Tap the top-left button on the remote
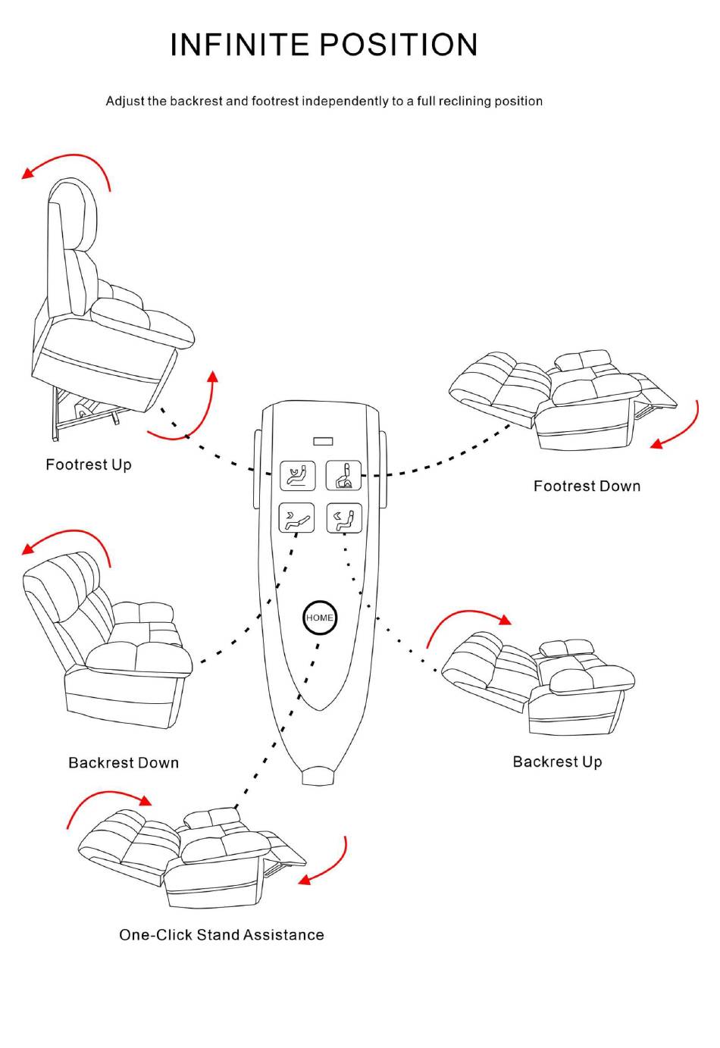pyautogui.click(x=298, y=476)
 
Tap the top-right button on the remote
pyautogui.click(x=343, y=475)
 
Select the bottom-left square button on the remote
pyautogui.click(x=296, y=518)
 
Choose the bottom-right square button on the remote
pyautogui.click(x=344, y=518)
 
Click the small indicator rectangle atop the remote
pyautogui.click(x=324, y=441)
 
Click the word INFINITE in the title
pyautogui.click(x=239, y=45)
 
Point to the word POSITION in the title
pyautogui.click(x=399, y=45)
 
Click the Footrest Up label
pyautogui.click(x=89, y=465)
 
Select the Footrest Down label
pyautogui.click(x=587, y=486)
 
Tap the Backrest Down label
pyautogui.click(x=124, y=762)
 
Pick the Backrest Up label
pyautogui.click(x=557, y=762)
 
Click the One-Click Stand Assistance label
pyautogui.click(x=221, y=935)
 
